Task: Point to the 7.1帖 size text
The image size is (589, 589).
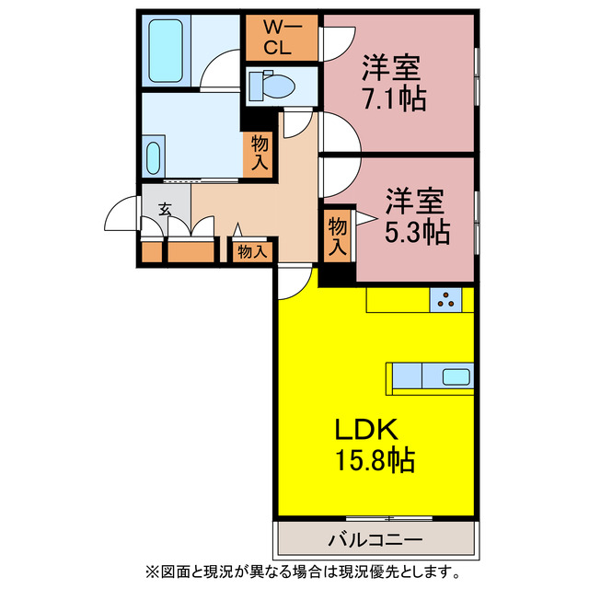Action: click(x=393, y=98)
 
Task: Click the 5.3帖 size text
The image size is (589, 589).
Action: click(x=417, y=232)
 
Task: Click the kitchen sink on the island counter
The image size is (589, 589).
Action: click(x=455, y=376)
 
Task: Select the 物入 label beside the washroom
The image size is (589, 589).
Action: click(x=260, y=152)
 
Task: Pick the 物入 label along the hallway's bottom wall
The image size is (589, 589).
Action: click(x=251, y=250)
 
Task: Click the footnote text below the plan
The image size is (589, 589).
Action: click(x=294, y=571)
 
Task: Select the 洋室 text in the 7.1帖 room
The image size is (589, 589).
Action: click(x=391, y=67)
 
